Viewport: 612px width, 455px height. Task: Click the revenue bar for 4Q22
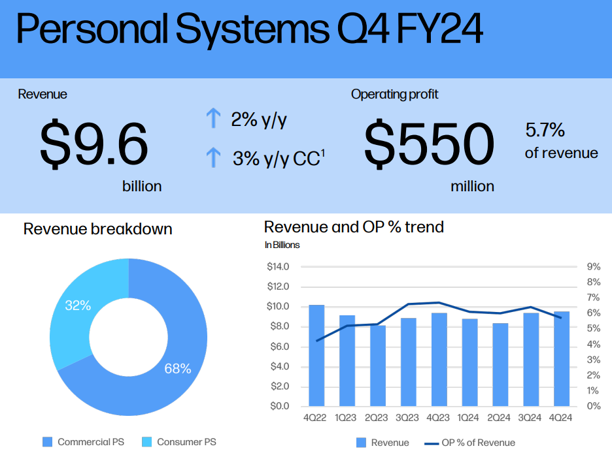[316, 355]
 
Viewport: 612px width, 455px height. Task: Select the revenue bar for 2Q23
[378, 366]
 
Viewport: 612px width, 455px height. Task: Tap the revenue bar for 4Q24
[562, 359]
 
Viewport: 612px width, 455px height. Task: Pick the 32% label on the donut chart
[78, 306]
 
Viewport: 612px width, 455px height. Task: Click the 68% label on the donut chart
[178, 369]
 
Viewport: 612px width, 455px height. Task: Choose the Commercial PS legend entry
[83, 442]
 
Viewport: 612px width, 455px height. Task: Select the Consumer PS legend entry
[179, 442]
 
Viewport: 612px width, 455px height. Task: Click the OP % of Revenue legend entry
[469, 443]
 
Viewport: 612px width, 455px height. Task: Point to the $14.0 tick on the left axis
[278, 266]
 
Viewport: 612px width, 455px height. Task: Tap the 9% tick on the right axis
[594, 266]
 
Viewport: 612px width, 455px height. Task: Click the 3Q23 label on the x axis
[407, 418]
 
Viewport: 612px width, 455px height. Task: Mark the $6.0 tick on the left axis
[279, 347]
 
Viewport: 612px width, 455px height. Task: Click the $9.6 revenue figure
[94, 144]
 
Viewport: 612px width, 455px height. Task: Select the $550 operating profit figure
[429, 144]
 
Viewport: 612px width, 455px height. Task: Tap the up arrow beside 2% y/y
[213, 118]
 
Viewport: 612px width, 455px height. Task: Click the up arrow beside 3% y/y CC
[213, 157]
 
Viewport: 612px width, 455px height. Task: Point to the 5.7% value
[545, 130]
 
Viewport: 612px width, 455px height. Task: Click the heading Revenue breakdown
[97, 228]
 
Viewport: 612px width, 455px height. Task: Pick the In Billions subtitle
[282, 245]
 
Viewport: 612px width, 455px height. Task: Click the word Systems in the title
[252, 29]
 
